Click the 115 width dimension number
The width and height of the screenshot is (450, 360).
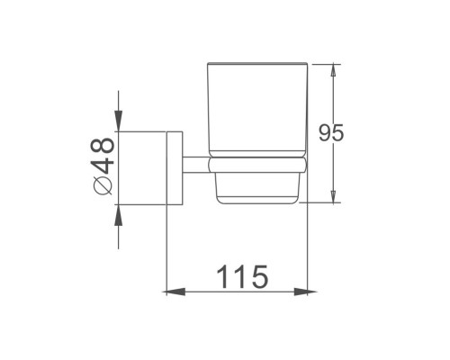pyautogui.click(x=242, y=276)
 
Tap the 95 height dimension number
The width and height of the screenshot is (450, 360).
pyautogui.click(x=331, y=132)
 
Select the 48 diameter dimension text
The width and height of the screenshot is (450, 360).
pyautogui.click(x=103, y=156)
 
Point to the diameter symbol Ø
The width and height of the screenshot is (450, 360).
pyautogui.click(x=103, y=185)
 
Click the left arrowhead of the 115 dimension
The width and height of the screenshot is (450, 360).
pyautogui.click(x=174, y=292)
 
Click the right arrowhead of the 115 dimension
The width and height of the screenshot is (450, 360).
pyautogui.click(x=305, y=292)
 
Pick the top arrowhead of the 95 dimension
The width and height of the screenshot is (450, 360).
pyautogui.click(x=333, y=71)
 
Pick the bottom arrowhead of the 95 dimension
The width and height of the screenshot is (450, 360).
pyautogui.click(x=333, y=195)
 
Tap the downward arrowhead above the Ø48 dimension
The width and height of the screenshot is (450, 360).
pyautogui.click(x=119, y=121)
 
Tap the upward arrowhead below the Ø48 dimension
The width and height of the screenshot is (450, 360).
pyautogui.click(x=119, y=215)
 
